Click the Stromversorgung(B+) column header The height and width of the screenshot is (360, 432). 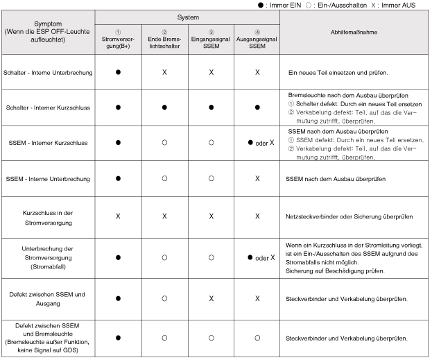[x=119, y=39]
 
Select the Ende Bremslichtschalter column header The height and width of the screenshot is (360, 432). [x=164, y=39]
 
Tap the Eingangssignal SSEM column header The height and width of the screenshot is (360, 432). [x=211, y=39]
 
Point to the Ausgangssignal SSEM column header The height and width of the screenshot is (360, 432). [x=257, y=39]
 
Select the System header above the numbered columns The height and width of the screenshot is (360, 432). [x=187, y=15]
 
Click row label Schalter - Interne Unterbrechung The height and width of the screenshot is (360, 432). [x=49, y=72]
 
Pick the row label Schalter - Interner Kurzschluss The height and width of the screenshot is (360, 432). [x=48, y=108]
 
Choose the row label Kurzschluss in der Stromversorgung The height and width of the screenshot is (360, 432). [x=48, y=216]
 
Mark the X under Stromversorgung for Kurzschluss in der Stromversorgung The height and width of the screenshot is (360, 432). [x=119, y=216]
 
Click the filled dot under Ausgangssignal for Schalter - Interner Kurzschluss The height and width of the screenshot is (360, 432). [x=257, y=108]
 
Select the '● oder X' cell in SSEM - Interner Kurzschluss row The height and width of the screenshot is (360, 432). [x=257, y=143]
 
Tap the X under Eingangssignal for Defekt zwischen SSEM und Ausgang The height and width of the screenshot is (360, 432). [x=211, y=299]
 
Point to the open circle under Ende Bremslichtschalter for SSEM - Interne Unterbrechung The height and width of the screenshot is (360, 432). [x=164, y=179]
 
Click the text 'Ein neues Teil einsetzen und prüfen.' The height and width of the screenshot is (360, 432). [x=338, y=72]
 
